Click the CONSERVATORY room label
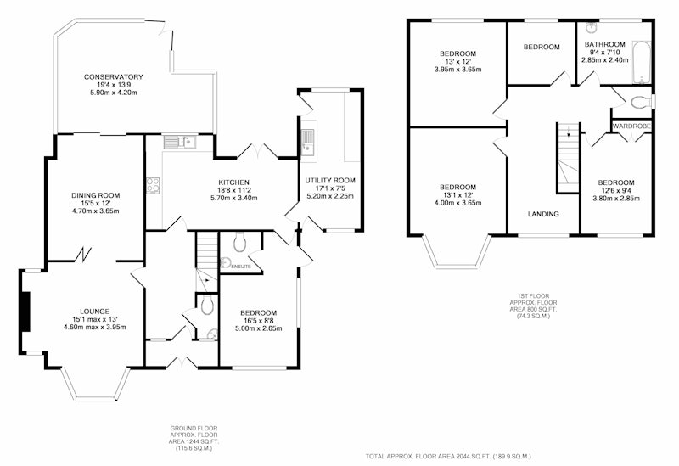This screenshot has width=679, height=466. click(x=114, y=77)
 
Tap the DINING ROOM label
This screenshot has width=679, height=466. click(x=96, y=196)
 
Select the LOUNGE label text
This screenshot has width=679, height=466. click(x=94, y=312)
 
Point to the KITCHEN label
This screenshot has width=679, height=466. click(x=233, y=182)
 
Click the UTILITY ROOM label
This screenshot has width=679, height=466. click(x=330, y=181)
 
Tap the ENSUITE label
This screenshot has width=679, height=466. click(x=241, y=267)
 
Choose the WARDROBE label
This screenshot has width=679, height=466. click(x=631, y=126)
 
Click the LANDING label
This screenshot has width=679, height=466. click(x=543, y=214)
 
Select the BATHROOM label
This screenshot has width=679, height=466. click(x=605, y=45)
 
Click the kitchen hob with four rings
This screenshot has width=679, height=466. click(x=153, y=186)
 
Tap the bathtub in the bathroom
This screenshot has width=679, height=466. click(x=642, y=62)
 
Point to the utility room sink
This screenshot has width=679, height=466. click(x=308, y=142)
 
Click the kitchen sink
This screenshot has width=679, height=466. click(x=180, y=142)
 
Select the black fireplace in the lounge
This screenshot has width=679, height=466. click(x=25, y=312)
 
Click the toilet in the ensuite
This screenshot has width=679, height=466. click(x=239, y=243)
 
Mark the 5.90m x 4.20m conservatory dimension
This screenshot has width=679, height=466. click(x=113, y=93)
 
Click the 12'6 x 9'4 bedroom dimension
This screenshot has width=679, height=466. click(x=616, y=190)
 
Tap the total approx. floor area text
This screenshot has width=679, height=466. click(x=448, y=457)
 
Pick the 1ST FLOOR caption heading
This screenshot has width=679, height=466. click(x=533, y=296)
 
